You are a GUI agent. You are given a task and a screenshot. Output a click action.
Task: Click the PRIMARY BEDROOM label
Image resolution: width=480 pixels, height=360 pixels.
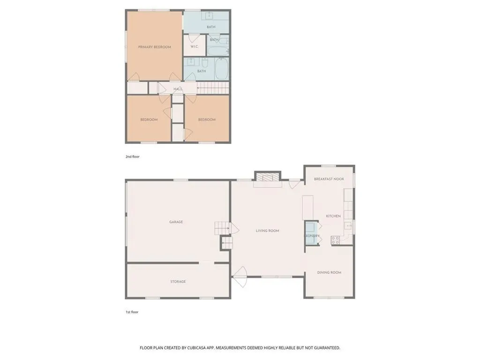154,47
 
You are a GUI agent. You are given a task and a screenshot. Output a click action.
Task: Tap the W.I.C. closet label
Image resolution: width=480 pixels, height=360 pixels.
195,46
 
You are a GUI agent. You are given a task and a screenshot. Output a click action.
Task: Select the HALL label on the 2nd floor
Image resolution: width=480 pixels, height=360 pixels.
178,89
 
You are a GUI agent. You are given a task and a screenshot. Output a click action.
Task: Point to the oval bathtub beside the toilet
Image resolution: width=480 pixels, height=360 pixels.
222,68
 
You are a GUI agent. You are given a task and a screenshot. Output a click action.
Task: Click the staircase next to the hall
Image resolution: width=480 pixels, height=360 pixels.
213,88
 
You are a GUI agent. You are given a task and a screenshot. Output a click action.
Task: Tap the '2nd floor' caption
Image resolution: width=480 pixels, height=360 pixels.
132,157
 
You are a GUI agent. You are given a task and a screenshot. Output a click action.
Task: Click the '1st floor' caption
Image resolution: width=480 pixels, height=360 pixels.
132,312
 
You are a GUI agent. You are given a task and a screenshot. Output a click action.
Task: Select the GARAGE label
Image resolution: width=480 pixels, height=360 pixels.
176,222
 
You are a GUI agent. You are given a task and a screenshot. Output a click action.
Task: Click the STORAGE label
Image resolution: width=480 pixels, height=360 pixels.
178,281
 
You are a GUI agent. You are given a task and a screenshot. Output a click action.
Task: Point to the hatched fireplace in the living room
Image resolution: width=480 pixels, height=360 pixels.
268,178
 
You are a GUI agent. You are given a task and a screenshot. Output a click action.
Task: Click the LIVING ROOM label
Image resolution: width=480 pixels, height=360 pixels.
268,231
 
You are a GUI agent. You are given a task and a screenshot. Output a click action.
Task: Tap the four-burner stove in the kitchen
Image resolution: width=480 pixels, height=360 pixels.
335,240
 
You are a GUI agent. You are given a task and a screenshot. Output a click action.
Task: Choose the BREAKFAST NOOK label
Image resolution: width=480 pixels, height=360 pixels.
329,179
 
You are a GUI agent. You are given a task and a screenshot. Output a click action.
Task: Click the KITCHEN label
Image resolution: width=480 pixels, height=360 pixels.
333,216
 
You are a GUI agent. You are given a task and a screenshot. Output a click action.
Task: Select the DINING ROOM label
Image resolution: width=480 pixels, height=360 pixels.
329,272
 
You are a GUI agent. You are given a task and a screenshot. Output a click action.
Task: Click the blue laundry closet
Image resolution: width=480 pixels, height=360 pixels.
311,232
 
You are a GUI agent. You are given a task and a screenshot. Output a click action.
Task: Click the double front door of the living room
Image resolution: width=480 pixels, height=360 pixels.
240,277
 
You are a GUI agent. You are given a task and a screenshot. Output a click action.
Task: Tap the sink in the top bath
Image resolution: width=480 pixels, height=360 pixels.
210,15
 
